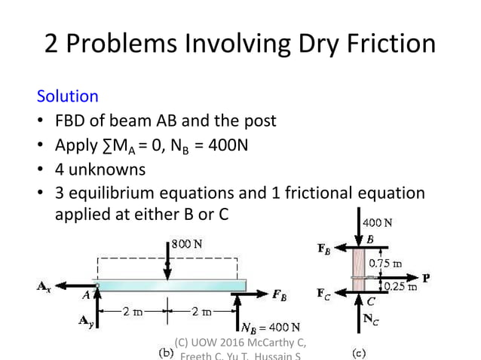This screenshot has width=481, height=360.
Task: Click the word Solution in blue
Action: (x=68, y=96)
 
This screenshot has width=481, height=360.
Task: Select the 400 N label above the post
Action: (x=377, y=223)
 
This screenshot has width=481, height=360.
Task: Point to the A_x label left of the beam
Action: (x=44, y=286)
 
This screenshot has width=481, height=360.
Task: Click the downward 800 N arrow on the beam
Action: (x=167, y=260)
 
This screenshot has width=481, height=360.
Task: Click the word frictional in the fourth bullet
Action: (x=308, y=192)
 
